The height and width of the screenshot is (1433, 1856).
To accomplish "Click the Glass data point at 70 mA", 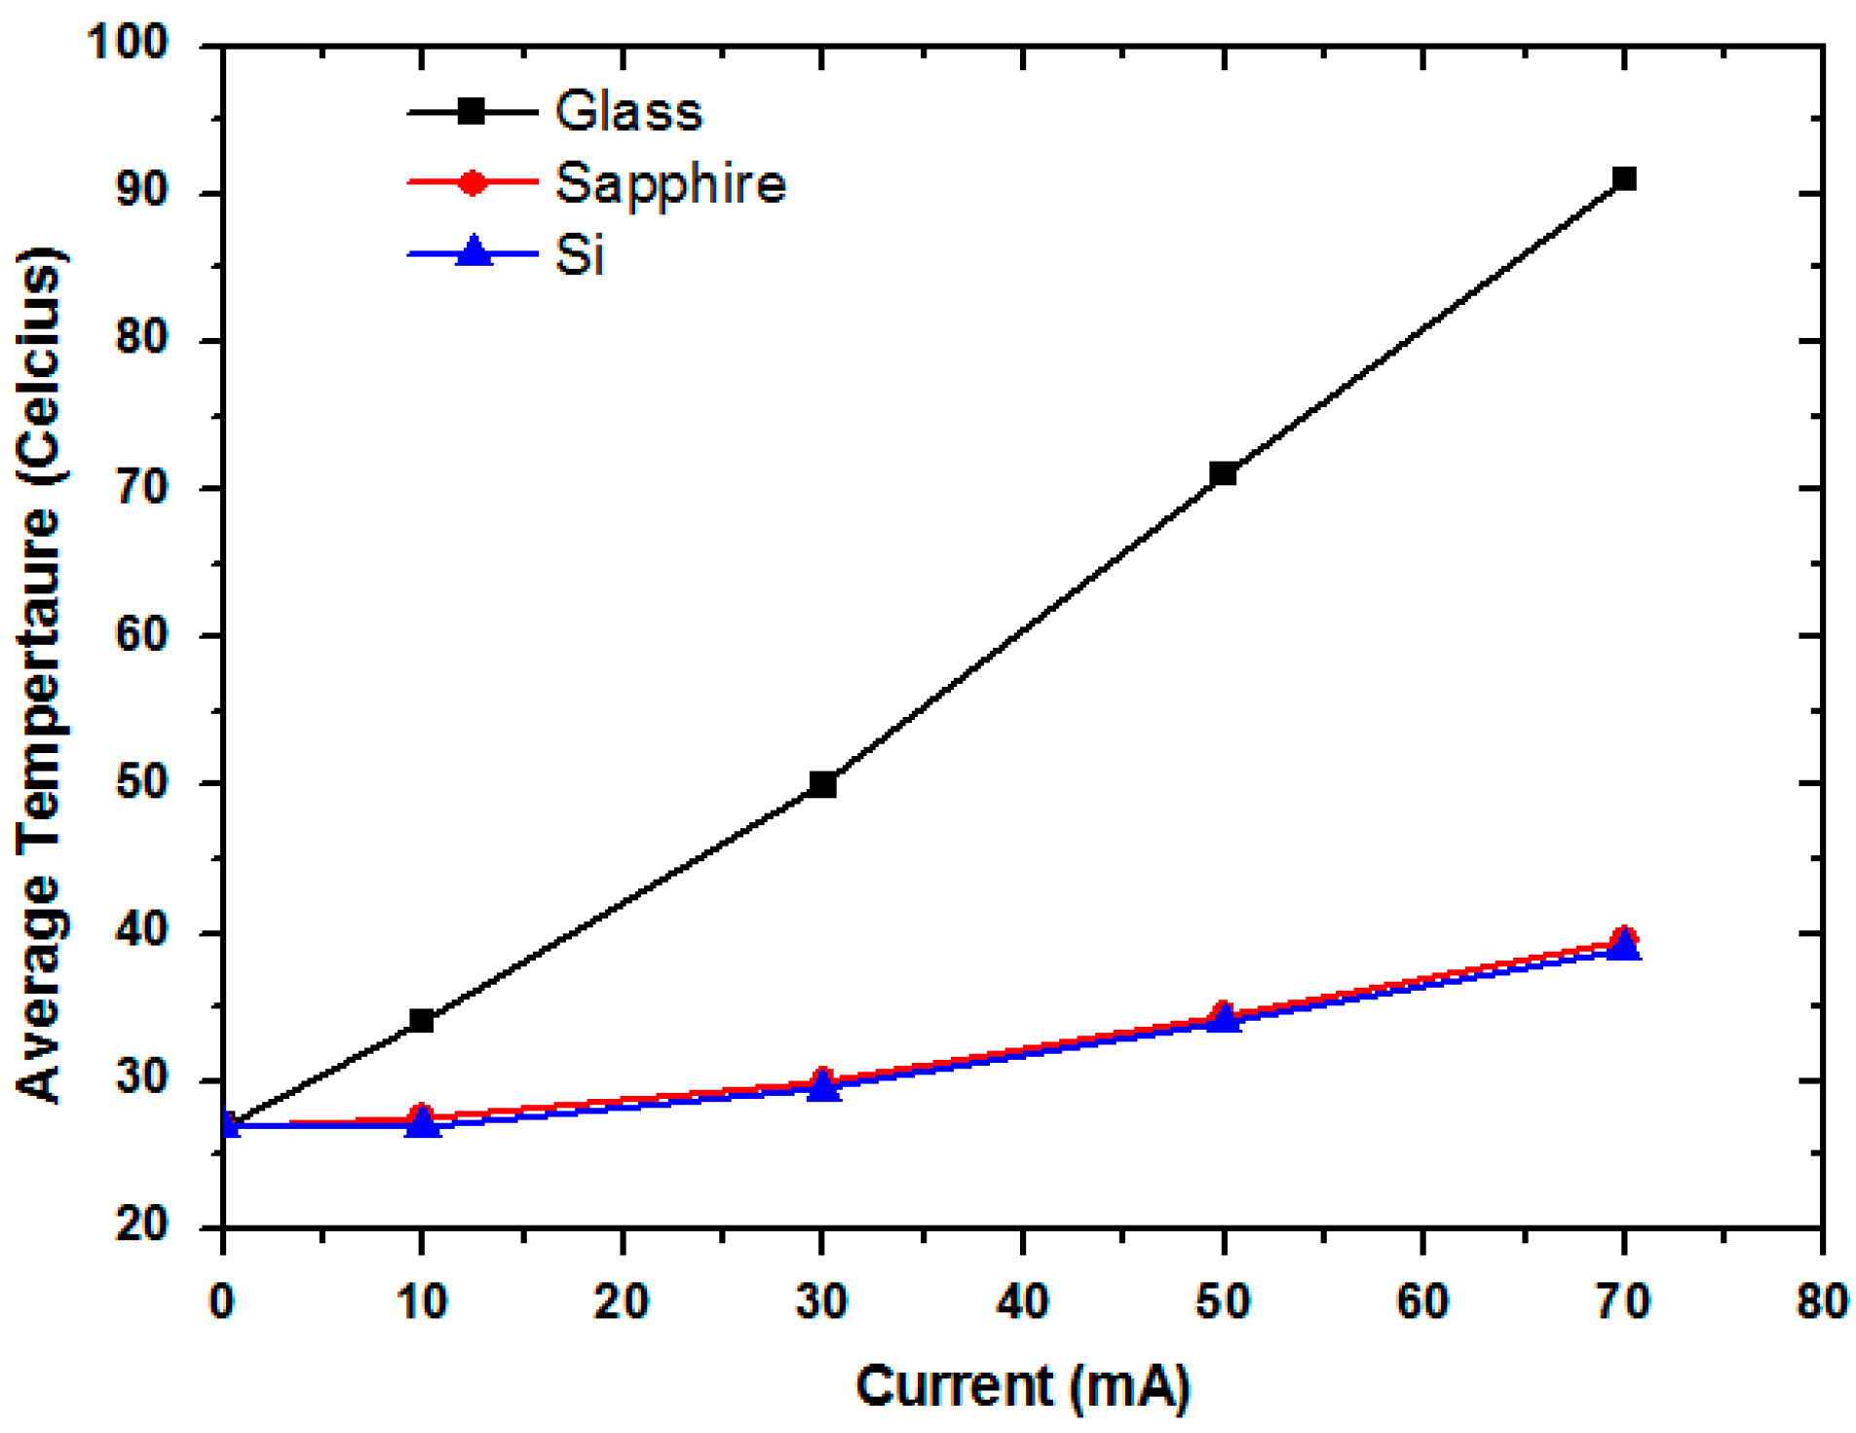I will tap(1623, 179).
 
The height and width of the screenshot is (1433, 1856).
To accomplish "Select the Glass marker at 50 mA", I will tap(1223, 474).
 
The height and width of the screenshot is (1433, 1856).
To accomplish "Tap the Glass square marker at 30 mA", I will tap(822, 784).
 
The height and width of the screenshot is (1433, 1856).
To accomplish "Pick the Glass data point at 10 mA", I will tap(421, 1021).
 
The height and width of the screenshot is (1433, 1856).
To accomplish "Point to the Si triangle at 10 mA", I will tap(422, 1123).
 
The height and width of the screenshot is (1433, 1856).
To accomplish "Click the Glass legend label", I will tap(628, 111).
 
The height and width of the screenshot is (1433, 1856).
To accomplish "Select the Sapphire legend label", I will tap(670, 183).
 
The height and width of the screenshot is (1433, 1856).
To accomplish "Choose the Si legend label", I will tap(580, 255).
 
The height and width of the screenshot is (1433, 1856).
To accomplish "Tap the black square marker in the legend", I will tap(473, 112).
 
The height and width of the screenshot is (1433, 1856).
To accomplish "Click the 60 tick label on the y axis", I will tap(142, 634).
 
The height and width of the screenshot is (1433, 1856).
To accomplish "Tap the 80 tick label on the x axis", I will tap(1820, 1301).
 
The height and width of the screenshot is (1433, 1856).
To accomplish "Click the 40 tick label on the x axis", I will tap(1022, 1301).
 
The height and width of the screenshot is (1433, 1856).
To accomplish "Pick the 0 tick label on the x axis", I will tap(222, 1301).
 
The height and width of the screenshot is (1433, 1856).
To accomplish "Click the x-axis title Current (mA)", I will tap(1022, 1385).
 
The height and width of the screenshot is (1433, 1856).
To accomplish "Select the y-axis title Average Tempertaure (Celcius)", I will tap(41, 672).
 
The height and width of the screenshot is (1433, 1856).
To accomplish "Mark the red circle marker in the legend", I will tap(473, 182).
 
